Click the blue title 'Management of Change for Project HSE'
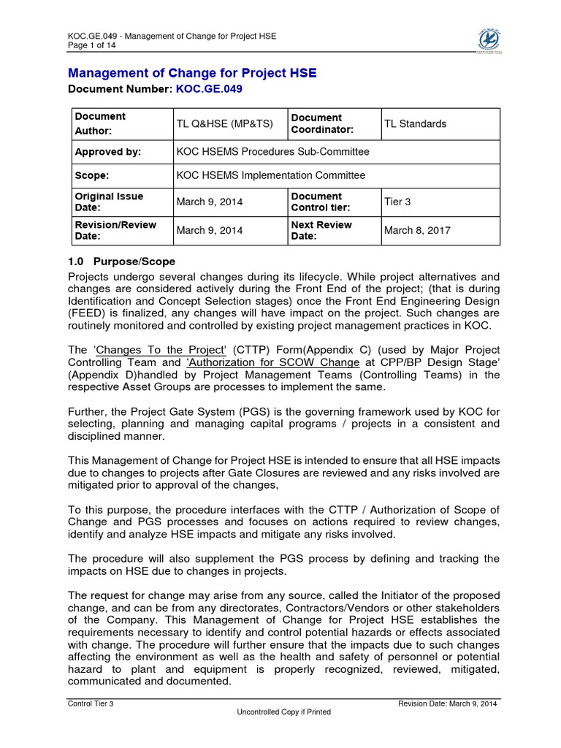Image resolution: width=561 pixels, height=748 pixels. click(193, 72)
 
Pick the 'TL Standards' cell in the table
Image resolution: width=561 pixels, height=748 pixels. click(415, 124)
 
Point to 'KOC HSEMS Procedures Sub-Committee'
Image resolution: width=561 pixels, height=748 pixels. click(273, 152)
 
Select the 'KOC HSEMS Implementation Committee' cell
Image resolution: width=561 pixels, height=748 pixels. click(271, 175)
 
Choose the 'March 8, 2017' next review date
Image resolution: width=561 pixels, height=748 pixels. click(417, 230)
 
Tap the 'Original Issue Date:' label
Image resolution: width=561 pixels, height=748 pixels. click(110, 202)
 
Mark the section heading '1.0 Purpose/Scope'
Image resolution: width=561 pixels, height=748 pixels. click(121, 262)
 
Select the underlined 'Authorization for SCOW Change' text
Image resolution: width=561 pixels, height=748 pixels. click(272, 362)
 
